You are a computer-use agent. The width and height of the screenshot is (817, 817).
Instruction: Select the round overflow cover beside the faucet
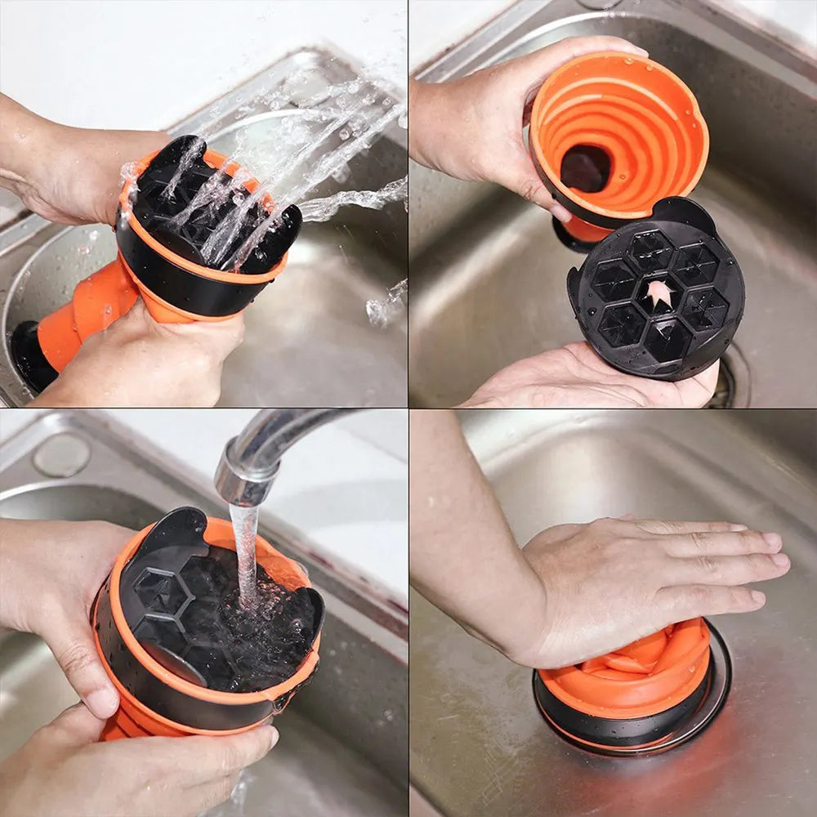tap(62, 454)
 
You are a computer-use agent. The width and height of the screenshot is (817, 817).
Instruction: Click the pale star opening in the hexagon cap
tap(659, 293)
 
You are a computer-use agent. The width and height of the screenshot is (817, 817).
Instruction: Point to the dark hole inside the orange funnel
tap(585, 168)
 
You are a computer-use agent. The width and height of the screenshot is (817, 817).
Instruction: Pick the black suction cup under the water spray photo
tap(33, 355)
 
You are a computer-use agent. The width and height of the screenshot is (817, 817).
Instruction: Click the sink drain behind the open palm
tap(731, 380)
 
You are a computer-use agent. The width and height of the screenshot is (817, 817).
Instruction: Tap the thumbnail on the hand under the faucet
tap(102, 702)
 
